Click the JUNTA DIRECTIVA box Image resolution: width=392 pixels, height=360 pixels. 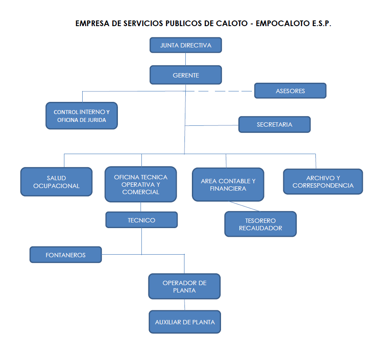186,45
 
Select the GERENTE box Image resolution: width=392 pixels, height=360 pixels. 186,75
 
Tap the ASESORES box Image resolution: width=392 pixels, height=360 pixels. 290,91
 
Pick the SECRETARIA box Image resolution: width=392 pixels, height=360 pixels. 275,124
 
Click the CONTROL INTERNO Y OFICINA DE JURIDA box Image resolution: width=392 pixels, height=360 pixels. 81,116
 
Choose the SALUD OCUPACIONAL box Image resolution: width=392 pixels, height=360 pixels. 57,182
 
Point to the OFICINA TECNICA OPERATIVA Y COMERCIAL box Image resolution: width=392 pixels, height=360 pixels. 141,184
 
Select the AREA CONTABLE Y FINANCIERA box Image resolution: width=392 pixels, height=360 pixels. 228,185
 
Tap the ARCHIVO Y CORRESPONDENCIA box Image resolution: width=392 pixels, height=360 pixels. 323,182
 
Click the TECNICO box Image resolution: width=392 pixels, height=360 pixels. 141,220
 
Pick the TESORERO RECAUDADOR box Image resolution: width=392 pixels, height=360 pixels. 260,224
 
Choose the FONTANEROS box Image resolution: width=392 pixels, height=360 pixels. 66,255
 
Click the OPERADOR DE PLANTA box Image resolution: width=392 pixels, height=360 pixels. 184,286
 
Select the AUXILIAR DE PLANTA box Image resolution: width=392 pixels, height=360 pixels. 185,322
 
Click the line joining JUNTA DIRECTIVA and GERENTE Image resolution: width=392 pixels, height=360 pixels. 186,59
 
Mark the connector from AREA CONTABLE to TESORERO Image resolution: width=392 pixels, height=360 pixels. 245,206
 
